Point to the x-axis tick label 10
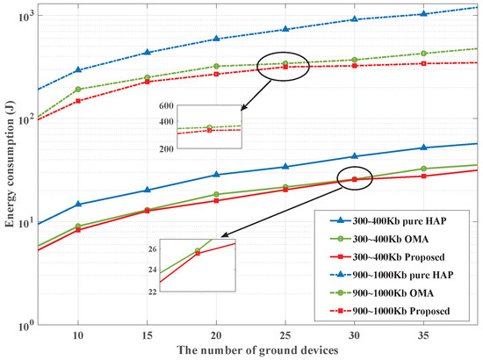point(78,336)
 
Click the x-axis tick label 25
point(285,336)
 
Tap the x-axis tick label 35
point(422,336)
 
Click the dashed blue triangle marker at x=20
point(216,39)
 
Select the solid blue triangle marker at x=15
point(148,190)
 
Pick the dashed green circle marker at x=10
point(78,90)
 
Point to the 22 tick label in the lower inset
point(152,292)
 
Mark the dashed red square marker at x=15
point(148,82)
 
